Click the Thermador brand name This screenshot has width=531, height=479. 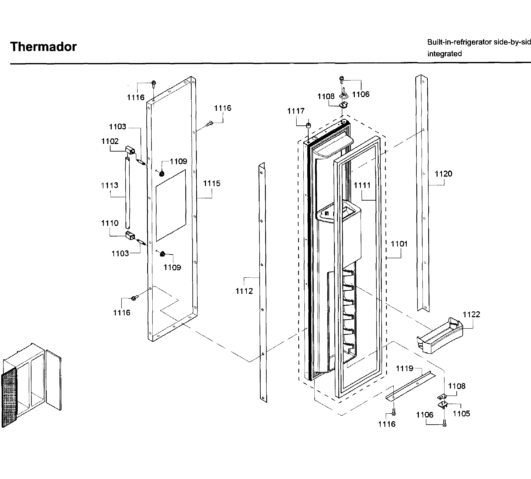[43, 47]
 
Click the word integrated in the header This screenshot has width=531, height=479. [444, 54]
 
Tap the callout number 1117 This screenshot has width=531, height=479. [296, 111]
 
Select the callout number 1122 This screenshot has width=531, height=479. [471, 314]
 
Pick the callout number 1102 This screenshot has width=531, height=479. [110, 141]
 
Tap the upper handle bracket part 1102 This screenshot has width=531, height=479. [130, 150]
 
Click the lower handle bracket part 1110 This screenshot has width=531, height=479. [130, 236]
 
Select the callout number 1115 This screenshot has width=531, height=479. [212, 183]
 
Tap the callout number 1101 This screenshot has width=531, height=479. [399, 244]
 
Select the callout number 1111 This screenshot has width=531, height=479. [362, 185]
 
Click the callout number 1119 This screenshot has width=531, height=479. [405, 368]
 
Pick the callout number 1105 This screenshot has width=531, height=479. [461, 413]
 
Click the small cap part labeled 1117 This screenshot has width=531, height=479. [309, 125]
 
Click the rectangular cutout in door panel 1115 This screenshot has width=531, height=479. [171, 205]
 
